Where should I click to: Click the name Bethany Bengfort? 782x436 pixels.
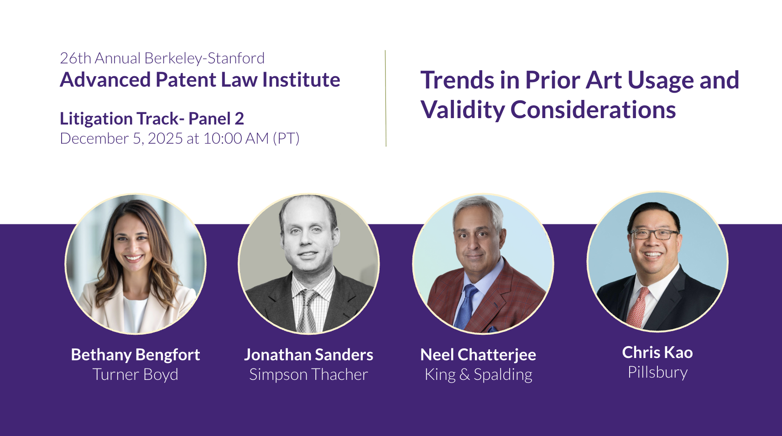(x=136, y=355)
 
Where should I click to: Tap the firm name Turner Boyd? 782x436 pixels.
(x=136, y=374)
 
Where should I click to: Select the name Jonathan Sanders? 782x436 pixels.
(x=308, y=355)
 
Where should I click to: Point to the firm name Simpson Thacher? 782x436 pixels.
(x=308, y=374)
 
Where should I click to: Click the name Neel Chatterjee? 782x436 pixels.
(x=478, y=355)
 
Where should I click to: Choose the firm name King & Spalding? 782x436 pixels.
(x=479, y=374)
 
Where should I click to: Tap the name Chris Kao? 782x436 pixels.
(x=657, y=353)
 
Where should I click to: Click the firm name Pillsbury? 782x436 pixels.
(x=658, y=373)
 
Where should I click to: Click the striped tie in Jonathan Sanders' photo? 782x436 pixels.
(x=307, y=311)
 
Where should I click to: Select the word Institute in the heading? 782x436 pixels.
(x=301, y=80)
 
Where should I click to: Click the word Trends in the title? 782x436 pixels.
(x=457, y=80)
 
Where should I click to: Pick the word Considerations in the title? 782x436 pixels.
(x=593, y=110)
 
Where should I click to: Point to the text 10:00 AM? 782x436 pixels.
(x=236, y=138)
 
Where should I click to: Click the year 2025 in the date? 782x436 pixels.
(x=165, y=138)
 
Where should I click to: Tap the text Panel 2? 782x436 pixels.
(x=216, y=119)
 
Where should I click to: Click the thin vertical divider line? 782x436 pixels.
(x=386, y=99)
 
